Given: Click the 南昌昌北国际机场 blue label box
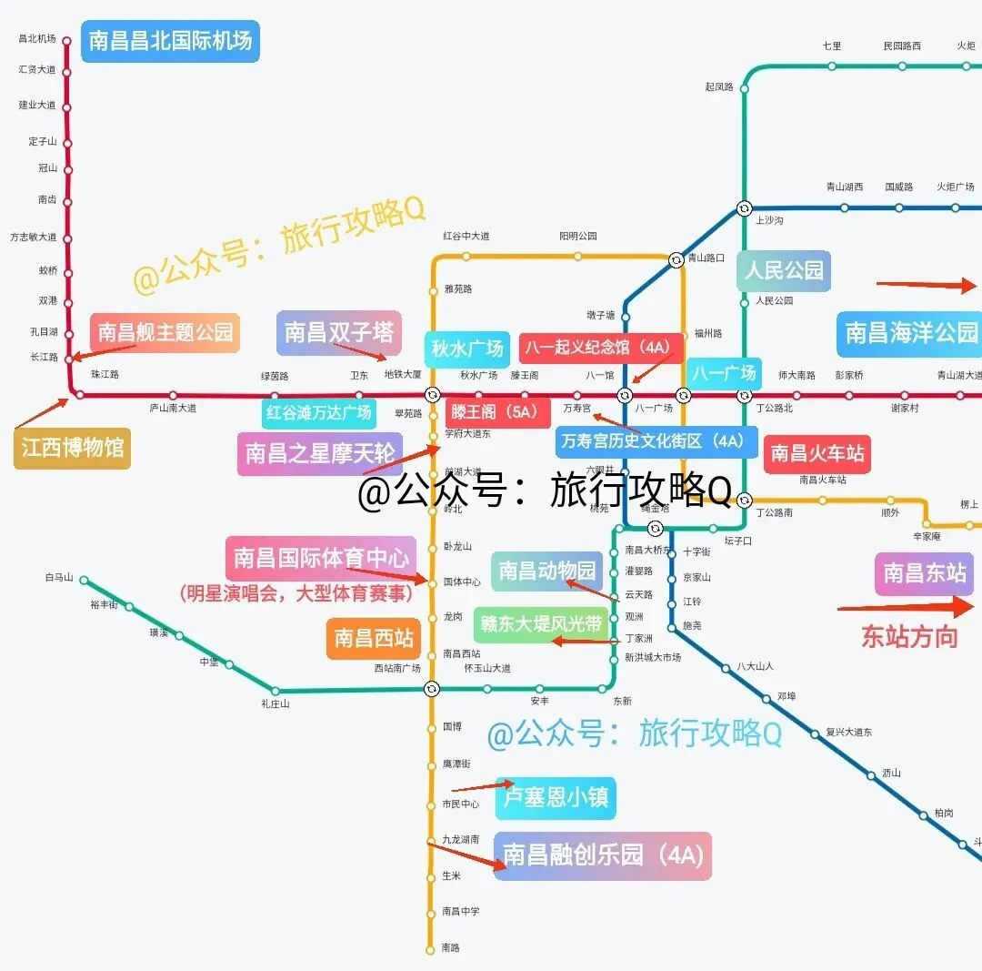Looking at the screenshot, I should pos(170,41).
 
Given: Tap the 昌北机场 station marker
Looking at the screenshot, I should pos(66,39).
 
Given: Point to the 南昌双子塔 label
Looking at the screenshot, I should pos(338,332).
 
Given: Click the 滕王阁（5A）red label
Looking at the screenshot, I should pos(497,411).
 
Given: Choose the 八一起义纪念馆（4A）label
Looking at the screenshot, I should pos(601,349).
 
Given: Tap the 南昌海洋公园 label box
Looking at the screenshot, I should pos(910,333).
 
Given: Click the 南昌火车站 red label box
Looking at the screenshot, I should pos(817,453).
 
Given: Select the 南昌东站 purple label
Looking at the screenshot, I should pos(925,573).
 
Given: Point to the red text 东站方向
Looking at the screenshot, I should pos(909,636).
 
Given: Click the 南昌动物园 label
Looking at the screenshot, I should pos(546,571).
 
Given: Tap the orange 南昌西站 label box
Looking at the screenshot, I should pos(373,638).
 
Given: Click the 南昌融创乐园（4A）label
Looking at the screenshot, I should pos(602,855).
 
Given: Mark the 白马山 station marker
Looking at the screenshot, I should pos(84,580).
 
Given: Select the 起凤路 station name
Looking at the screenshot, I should pos(718,87).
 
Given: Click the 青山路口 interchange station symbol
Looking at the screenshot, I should pos(676,260).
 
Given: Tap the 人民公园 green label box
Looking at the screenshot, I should pos(783,270).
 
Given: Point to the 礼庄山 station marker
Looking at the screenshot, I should pos(275,691).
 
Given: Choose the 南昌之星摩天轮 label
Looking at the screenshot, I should pos(320,453).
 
